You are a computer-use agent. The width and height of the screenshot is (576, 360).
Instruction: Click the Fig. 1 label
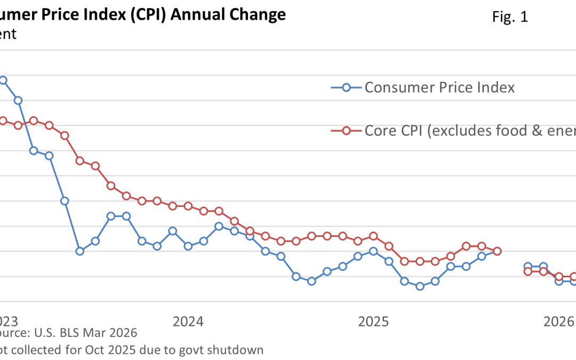pos(510,17)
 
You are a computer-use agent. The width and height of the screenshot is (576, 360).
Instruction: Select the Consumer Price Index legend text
pos(439,87)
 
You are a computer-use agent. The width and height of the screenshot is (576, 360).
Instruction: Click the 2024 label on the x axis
pos(188,322)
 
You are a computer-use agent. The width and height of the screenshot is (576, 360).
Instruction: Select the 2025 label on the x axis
pos(373,322)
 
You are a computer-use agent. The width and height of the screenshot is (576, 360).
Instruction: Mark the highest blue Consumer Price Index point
pos(3,80)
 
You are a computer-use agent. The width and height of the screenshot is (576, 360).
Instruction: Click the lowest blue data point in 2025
pos(420,286)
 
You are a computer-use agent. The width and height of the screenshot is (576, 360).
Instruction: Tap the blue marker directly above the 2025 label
pos(373,251)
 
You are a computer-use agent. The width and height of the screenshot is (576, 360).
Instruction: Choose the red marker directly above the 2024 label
pos(188,206)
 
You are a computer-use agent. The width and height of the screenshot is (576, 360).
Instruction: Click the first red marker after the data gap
pos(528,271)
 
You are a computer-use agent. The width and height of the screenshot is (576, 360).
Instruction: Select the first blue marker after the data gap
pos(528,266)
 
